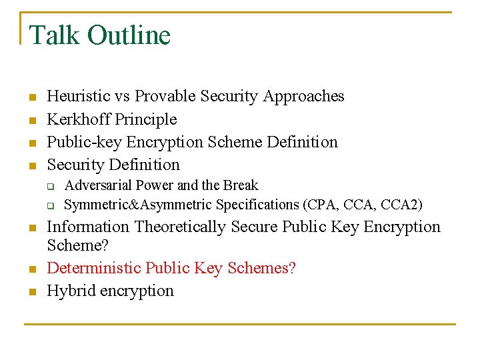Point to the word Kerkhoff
tap(79, 119)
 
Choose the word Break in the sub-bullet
tap(241, 185)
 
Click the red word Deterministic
tap(94, 268)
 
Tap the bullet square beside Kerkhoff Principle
tap(31, 121)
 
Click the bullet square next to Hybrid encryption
tap(31, 292)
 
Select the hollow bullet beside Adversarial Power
tap(49, 187)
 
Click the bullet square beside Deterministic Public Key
tap(31, 269)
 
